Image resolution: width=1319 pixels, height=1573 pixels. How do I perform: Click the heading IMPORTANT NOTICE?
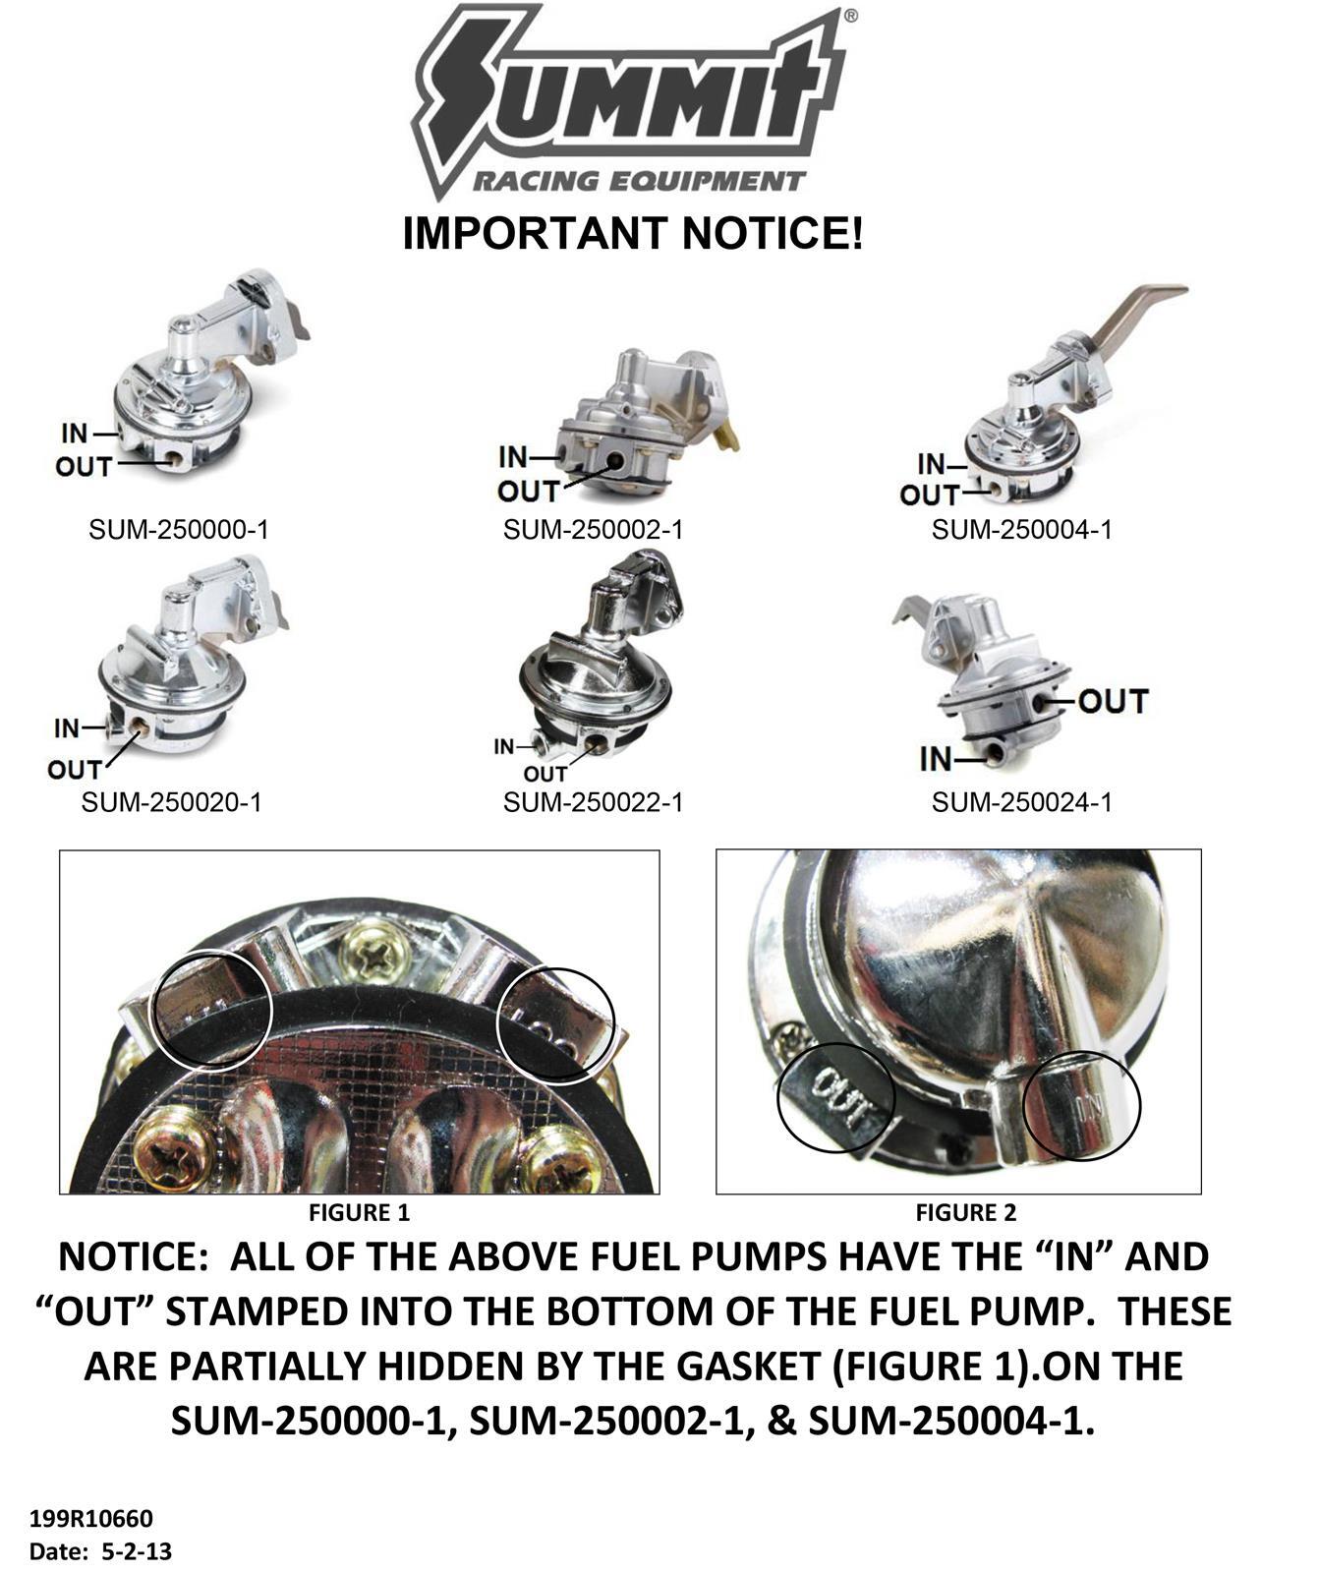[634, 234]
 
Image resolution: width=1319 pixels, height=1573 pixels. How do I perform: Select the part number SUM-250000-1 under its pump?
[179, 530]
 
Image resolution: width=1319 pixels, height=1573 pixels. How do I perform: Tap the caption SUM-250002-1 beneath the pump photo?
[593, 530]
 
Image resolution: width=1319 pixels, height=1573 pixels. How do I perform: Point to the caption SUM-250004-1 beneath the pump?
[1022, 530]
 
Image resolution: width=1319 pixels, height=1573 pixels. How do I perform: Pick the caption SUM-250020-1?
[172, 802]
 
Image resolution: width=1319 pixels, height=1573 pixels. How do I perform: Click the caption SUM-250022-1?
[593, 802]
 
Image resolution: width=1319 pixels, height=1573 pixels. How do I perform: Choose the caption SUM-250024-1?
[1022, 802]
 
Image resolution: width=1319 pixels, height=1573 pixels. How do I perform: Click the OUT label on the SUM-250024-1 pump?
[1113, 702]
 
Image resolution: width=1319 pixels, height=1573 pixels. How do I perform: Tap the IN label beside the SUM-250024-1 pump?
[936, 759]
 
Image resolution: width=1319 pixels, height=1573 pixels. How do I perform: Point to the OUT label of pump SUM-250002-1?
[528, 491]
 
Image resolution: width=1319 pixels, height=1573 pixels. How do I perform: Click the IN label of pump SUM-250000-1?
[75, 434]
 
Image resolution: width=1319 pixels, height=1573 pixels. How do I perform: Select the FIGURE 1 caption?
[359, 1213]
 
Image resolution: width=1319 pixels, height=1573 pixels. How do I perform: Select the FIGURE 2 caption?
[965, 1213]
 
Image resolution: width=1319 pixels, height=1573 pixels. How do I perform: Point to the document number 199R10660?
[91, 1519]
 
